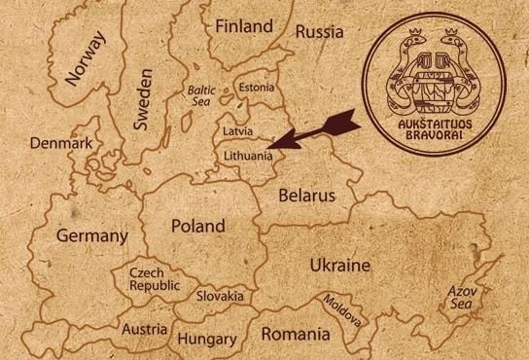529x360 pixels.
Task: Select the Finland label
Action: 244,25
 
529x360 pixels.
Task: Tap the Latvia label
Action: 237,130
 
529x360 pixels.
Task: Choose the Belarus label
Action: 306,196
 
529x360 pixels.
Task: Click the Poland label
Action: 198,226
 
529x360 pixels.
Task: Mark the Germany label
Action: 92,235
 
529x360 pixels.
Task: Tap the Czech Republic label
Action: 153,280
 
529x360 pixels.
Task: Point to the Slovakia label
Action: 220,295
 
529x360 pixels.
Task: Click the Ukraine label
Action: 339,265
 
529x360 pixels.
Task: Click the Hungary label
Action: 207,339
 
